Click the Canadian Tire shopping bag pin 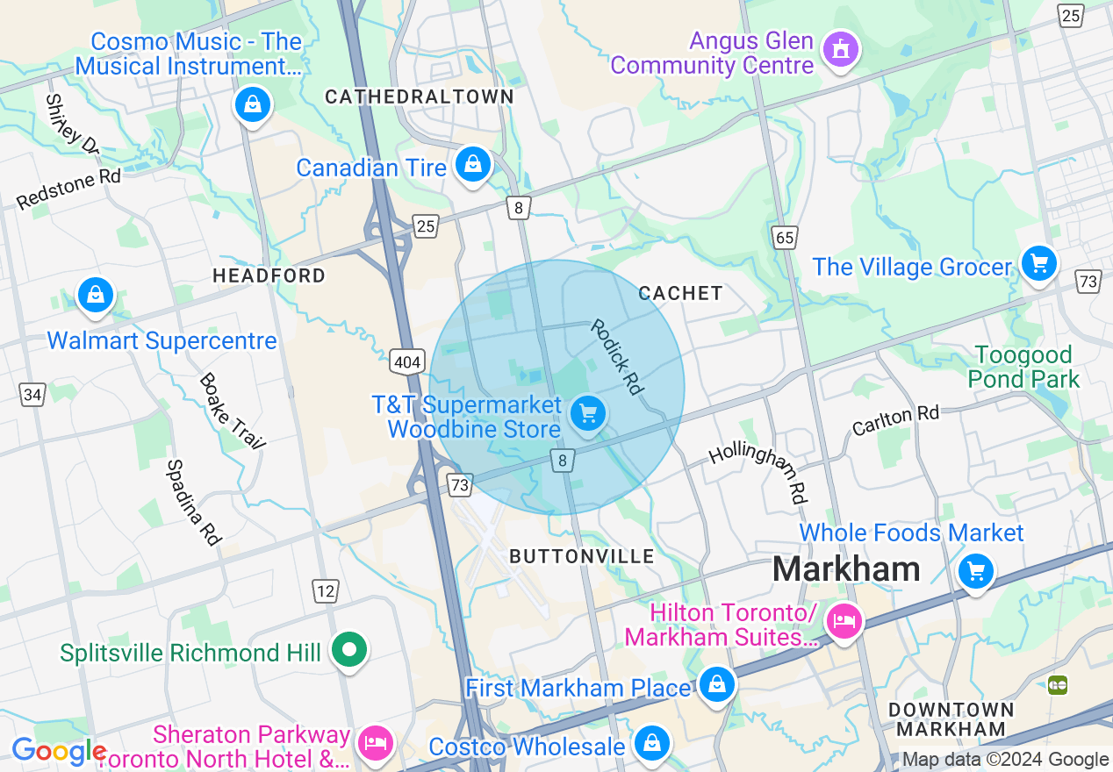click(x=473, y=164)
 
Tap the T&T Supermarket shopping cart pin click(x=587, y=412)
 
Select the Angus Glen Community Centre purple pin click(x=841, y=50)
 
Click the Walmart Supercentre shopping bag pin click(x=95, y=296)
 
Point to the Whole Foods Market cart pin click(x=975, y=572)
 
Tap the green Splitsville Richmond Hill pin click(x=349, y=650)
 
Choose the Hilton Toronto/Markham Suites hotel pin click(x=844, y=622)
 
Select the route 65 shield click(x=785, y=237)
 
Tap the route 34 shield click(x=32, y=395)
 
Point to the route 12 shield click(x=326, y=591)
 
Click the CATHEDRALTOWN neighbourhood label click(x=420, y=96)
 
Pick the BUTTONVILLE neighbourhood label click(x=582, y=556)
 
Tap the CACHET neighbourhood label click(x=680, y=293)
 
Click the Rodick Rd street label click(x=617, y=356)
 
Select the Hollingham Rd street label click(x=758, y=472)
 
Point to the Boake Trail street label click(x=232, y=411)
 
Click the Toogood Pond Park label click(x=1023, y=367)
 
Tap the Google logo click(x=58, y=751)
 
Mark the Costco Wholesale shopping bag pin click(x=651, y=743)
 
